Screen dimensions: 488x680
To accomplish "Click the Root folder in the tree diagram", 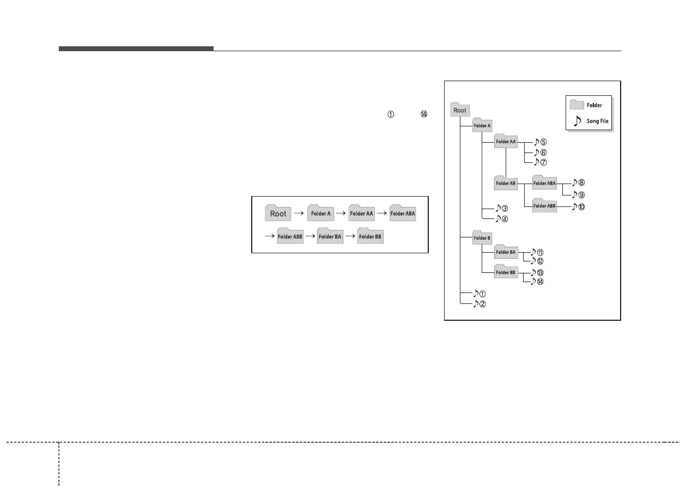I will pos(460,110).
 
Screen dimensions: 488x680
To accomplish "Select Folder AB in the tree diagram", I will pos(506,183).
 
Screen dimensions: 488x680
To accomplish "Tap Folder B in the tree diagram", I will pos(482,237).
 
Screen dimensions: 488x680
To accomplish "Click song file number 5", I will pos(540,142).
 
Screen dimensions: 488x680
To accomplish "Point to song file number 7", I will pos(540,162).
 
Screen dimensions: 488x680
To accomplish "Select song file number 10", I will pos(578,207).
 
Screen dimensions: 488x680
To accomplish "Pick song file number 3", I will pos(502,209).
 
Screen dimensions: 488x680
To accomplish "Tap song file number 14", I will pos(537,282).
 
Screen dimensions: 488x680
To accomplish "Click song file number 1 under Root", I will pos(479,294).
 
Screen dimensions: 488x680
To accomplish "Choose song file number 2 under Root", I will pos(479,304).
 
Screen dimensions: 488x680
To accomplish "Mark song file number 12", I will pos(537,261).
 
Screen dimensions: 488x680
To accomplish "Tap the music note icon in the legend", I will pos(577,120).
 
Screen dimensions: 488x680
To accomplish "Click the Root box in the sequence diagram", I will pos(278,213).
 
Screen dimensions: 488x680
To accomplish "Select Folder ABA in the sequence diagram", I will pos(403,213).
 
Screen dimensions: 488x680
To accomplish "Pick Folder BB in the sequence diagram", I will pos(370,236).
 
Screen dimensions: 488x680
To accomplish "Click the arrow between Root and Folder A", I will pos(298,213).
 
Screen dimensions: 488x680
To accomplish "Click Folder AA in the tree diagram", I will pos(506,142).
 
